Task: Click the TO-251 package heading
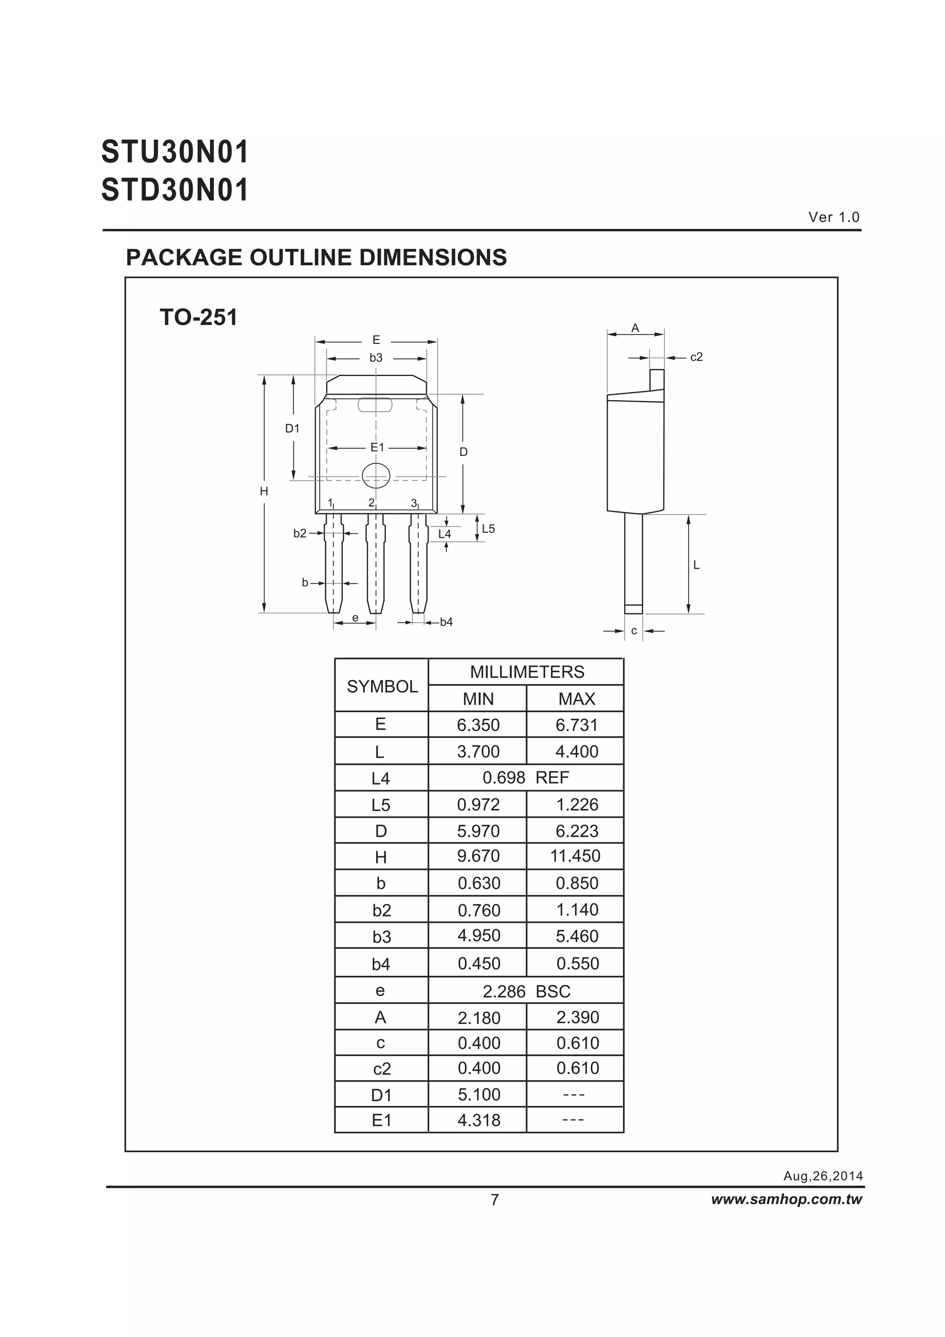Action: tap(198, 318)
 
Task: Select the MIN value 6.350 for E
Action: tap(478, 725)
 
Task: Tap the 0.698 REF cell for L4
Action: tap(525, 778)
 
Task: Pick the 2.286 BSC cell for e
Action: tap(526, 992)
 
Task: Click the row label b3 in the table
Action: tap(382, 937)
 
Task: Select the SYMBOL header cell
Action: tap(382, 687)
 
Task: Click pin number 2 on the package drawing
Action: tap(371, 503)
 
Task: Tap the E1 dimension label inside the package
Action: tap(377, 447)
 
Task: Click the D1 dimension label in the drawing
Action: tap(292, 429)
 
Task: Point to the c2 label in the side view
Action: tap(696, 357)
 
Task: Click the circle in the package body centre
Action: tap(376, 475)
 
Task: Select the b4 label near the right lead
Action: tap(446, 622)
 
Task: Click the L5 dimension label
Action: tap(488, 529)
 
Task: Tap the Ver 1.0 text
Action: tap(834, 217)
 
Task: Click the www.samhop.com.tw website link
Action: tap(787, 1199)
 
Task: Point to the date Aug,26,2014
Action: tap(823, 1175)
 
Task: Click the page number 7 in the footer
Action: tap(494, 1200)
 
